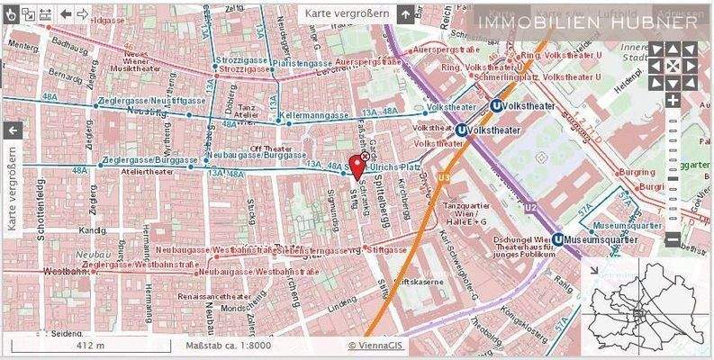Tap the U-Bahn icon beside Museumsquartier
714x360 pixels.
[559, 239]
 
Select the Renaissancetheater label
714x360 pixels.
[214, 295]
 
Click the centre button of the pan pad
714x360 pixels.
[673, 66]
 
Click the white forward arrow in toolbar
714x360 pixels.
[82, 14]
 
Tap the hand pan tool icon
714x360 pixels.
[10, 13]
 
